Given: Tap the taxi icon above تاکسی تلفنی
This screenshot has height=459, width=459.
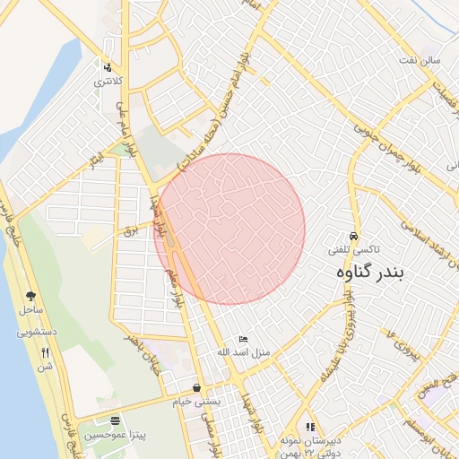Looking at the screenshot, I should pos(354,236).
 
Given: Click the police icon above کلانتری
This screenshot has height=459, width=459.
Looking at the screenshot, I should pos(108,66).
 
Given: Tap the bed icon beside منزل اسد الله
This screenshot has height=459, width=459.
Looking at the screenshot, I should pos(243,340).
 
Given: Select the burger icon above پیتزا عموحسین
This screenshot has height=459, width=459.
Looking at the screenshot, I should pos(114,420).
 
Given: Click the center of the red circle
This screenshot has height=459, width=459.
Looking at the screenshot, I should pos(229,229).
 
